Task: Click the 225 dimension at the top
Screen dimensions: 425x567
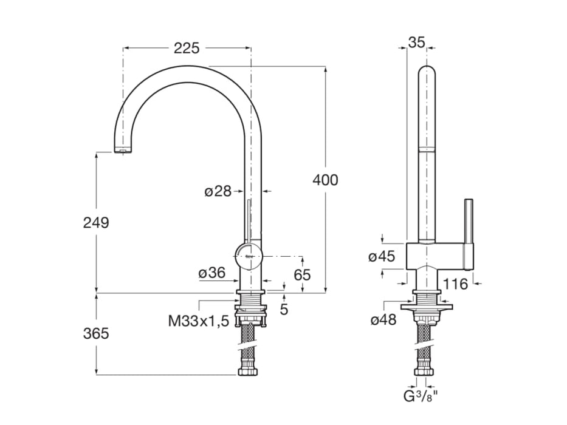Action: pyautogui.click(x=187, y=48)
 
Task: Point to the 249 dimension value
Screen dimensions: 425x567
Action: pyautogui.click(x=96, y=223)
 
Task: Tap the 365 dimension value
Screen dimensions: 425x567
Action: pyautogui.click(x=96, y=333)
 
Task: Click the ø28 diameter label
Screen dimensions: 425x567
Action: pyautogui.click(x=218, y=191)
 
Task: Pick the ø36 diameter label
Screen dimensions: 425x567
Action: pyautogui.click(x=212, y=274)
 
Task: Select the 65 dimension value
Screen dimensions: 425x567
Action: pyautogui.click(x=302, y=274)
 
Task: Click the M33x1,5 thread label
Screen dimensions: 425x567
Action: pyautogui.click(x=199, y=321)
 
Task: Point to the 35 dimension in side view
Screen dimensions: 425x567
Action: pyautogui.click(x=416, y=42)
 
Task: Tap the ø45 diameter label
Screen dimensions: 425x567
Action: pyautogui.click(x=382, y=257)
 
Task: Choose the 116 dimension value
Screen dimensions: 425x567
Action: pyautogui.click(x=455, y=284)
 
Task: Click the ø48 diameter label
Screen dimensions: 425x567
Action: pyautogui.click(x=383, y=320)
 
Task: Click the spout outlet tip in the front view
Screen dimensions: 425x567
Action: pyautogui.click(x=124, y=149)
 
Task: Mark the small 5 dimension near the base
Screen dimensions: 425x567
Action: pyautogui.click(x=284, y=309)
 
